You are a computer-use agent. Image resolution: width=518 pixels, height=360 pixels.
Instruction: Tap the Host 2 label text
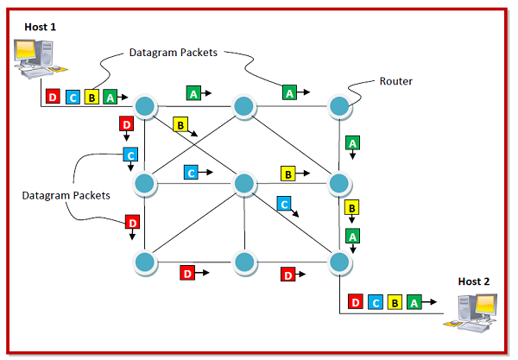(x=474, y=281)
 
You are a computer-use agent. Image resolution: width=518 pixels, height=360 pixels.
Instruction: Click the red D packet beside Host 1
(x=53, y=97)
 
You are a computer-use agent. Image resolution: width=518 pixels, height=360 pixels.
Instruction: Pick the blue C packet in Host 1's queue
(x=73, y=97)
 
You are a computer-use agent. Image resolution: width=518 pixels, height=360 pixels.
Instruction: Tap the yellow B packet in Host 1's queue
(x=92, y=97)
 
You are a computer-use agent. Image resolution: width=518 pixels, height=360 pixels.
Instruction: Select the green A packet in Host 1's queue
(x=110, y=97)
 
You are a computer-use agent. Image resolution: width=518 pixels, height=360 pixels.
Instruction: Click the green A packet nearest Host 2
(x=414, y=302)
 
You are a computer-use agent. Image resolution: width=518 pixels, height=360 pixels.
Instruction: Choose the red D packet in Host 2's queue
(x=355, y=302)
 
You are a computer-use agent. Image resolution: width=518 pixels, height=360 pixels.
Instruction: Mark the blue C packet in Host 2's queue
(x=375, y=302)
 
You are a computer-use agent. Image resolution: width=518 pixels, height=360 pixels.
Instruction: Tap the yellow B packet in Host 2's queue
(x=395, y=302)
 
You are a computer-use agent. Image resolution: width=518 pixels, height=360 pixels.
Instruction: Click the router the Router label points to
(x=338, y=106)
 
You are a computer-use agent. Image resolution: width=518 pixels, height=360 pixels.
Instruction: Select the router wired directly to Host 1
(x=144, y=106)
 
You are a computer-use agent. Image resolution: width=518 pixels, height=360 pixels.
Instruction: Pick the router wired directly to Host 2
(x=338, y=260)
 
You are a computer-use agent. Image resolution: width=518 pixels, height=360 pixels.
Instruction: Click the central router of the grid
(x=243, y=183)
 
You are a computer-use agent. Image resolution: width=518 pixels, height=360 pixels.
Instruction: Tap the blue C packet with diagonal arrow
(x=282, y=205)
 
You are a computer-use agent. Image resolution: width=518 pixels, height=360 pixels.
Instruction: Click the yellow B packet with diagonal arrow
(x=180, y=124)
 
